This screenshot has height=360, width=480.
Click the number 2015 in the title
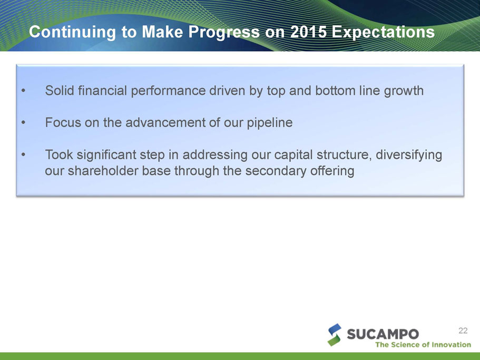tap(308, 32)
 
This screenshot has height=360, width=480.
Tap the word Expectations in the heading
tap(383, 32)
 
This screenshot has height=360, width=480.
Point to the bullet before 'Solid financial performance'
tap(23, 91)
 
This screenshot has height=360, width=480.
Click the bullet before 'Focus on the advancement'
tap(23, 122)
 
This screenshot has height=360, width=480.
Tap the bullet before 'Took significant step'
tap(23, 154)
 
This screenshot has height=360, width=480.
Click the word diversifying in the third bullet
tap(409, 155)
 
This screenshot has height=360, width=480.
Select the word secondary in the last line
tap(275, 171)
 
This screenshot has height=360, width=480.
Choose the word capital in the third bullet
tap(293, 155)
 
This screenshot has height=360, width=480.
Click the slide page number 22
tap(463, 330)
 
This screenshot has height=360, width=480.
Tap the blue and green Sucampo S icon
tap(334, 335)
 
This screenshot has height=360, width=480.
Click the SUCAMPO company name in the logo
tap(383, 334)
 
